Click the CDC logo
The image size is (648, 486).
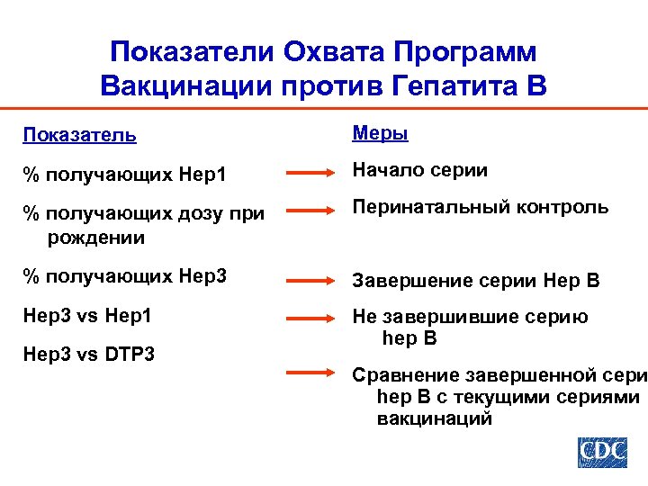tap(601, 452)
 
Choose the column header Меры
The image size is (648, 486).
tap(380, 133)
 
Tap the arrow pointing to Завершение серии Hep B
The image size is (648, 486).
tap(310, 281)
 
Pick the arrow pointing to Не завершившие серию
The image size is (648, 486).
tap(310, 317)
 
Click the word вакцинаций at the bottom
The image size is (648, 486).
tap(435, 418)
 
